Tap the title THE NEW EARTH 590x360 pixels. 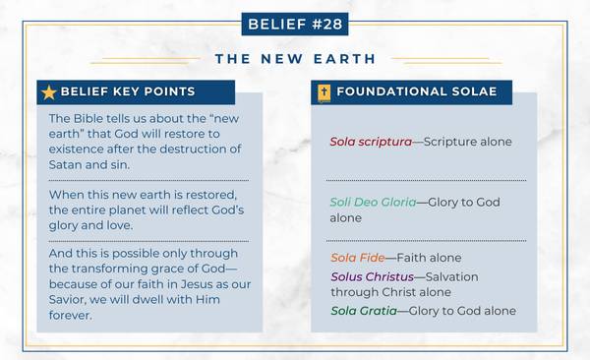pyautogui.click(x=294, y=59)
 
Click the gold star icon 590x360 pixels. pyautogui.click(x=48, y=92)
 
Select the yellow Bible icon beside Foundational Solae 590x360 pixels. pyautogui.click(x=323, y=92)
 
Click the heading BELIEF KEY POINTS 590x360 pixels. pyautogui.click(x=127, y=92)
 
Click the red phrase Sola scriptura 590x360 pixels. pyautogui.click(x=370, y=142)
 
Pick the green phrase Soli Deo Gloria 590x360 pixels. pyautogui.click(x=372, y=202)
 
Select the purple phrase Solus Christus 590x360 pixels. pyautogui.click(x=373, y=276)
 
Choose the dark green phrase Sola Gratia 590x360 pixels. pyautogui.click(x=362, y=311)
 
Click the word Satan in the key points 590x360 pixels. pyautogui.click(x=68, y=163)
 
